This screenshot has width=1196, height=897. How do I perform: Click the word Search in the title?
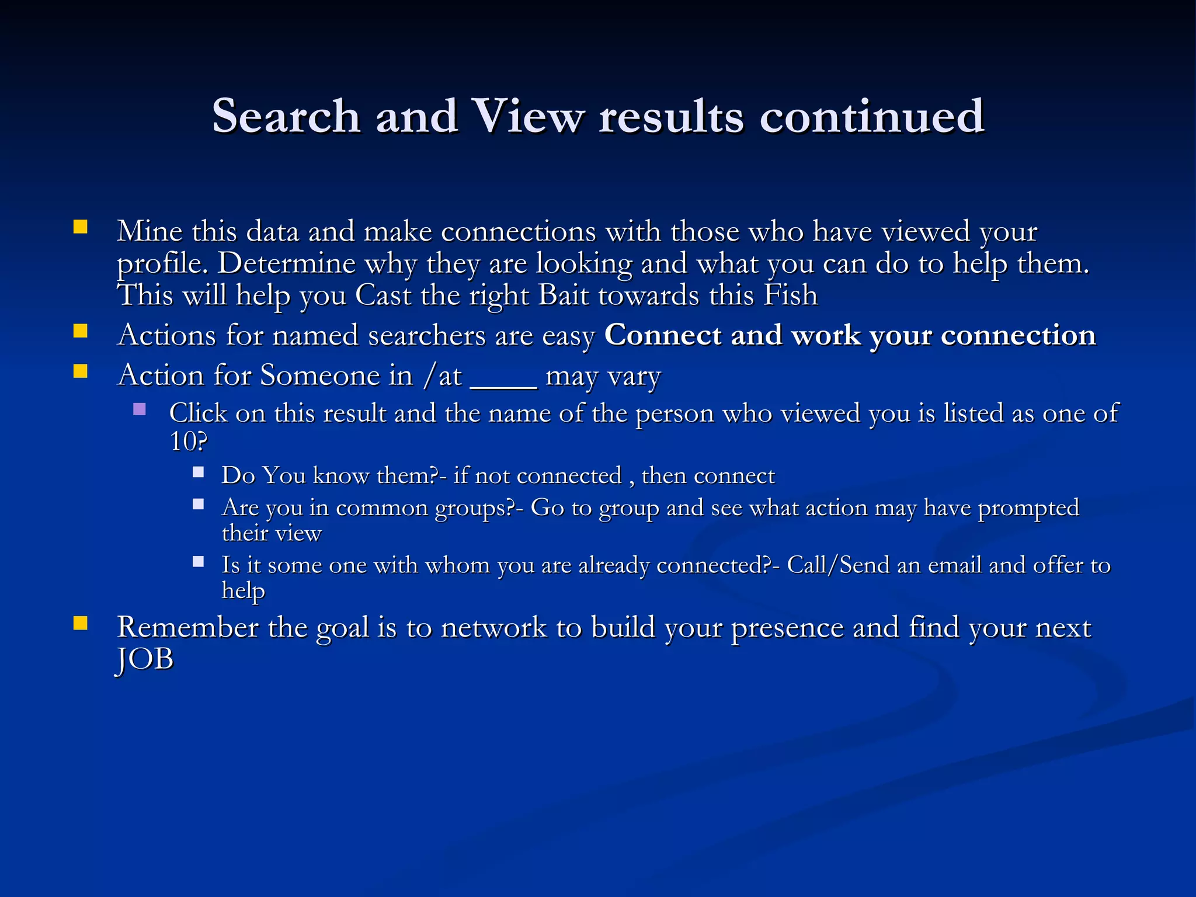pyautogui.click(x=286, y=116)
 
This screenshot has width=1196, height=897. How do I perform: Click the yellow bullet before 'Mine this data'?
pyautogui.click(x=80, y=227)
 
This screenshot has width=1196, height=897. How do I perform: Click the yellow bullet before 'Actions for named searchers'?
pyautogui.click(x=80, y=332)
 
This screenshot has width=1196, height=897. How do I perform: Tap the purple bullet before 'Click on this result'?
pyautogui.click(x=140, y=409)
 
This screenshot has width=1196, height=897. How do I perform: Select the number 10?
pyautogui.click(x=188, y=441)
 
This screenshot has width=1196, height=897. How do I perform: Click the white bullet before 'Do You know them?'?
pyautogui.click(x=199, y=472)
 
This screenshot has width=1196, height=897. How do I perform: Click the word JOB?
pyautogui.click(x=145, y=660)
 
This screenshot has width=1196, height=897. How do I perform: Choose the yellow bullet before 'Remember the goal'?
pyautogui.click(x=80, y=624)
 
